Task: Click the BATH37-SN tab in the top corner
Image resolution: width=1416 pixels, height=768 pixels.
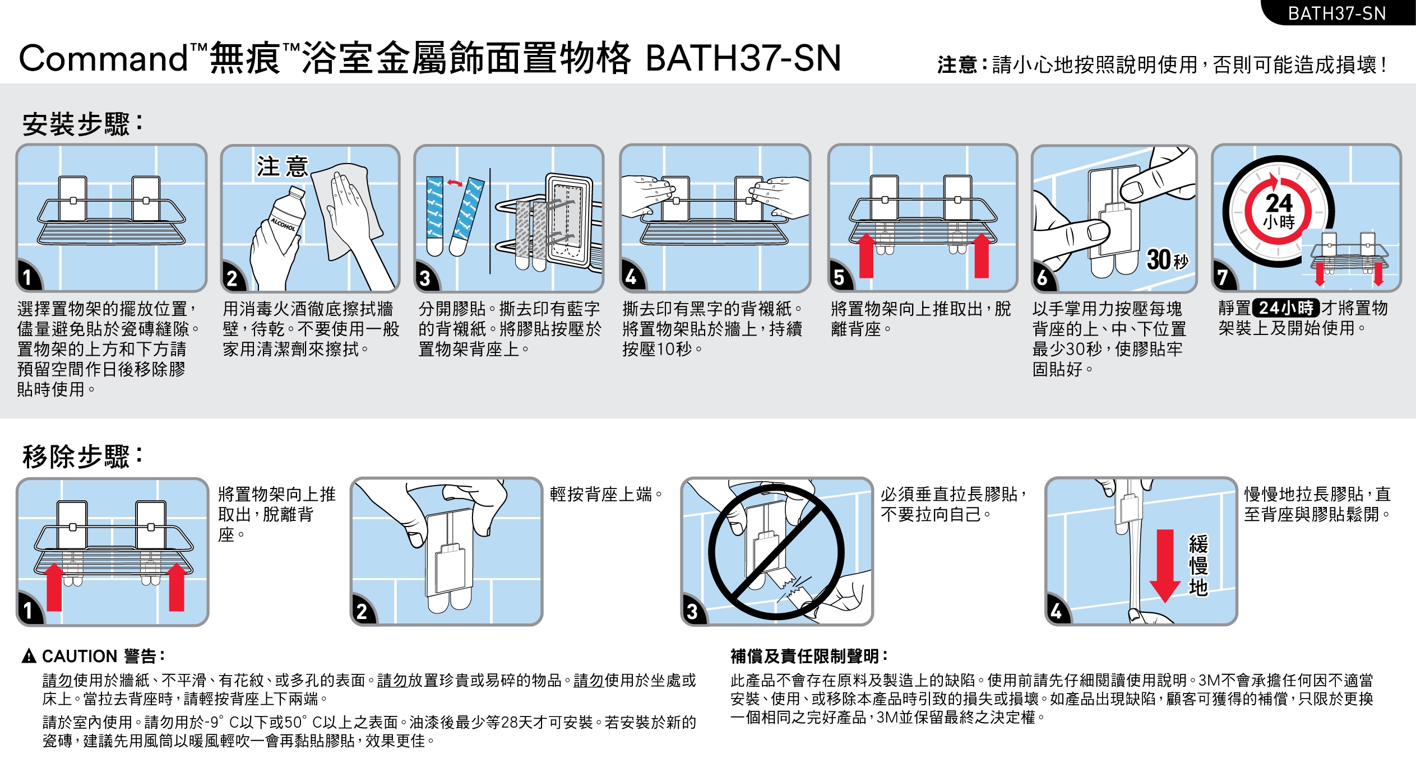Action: coord(1338,13)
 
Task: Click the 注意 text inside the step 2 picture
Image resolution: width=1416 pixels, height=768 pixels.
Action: coord(283,166)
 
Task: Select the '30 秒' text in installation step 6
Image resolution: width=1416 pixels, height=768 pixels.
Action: coord(1167,259)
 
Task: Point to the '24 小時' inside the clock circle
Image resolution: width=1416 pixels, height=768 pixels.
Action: coord(1279,211)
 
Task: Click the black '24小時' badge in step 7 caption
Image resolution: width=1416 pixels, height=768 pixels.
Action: coord(1286,308)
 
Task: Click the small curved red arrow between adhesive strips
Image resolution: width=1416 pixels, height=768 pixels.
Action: coord(455,183)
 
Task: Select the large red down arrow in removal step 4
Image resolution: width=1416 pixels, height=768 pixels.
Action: coord(1165,566)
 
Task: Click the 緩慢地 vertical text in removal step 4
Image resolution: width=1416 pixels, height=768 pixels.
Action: coord(1198,566)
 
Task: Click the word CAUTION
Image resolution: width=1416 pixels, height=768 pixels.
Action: coord(80,656)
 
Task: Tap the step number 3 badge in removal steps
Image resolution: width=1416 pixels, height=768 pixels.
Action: coord(693,611)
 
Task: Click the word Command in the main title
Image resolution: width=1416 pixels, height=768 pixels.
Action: coord(104,58)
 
